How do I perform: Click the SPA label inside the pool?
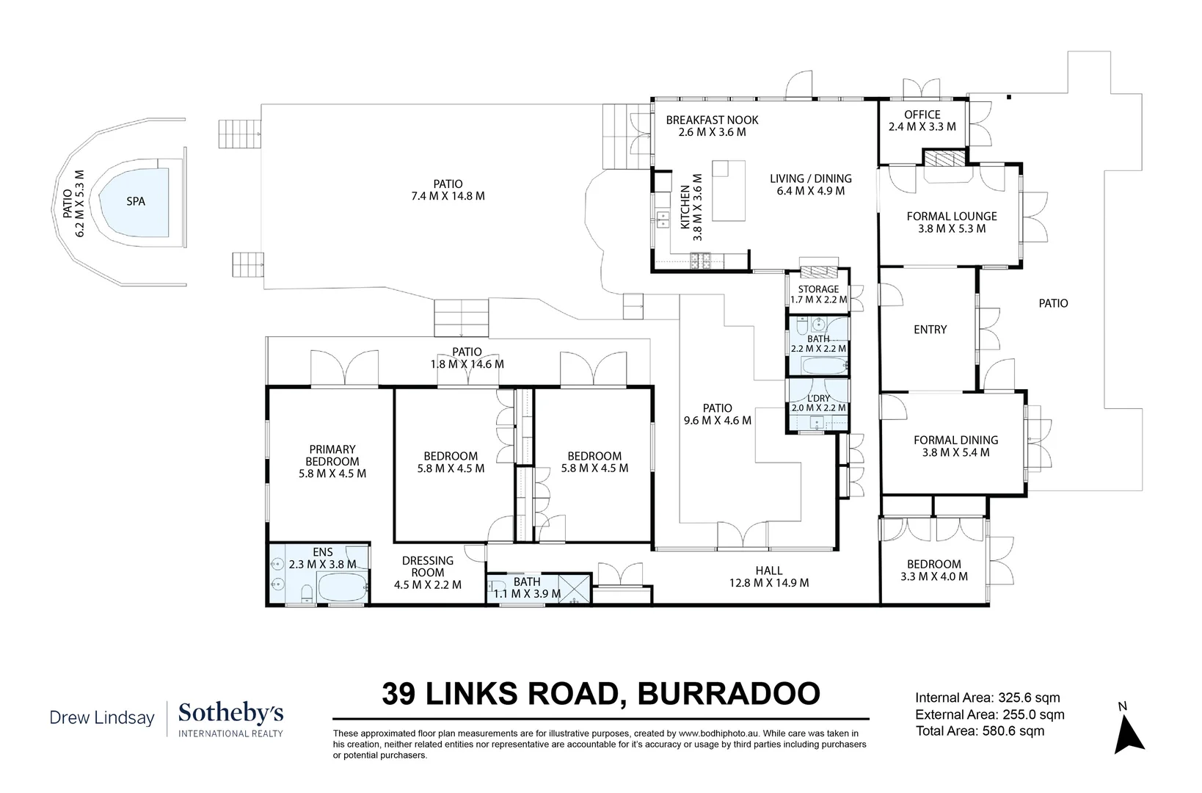(136, 200)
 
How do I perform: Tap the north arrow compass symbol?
(1128, 734)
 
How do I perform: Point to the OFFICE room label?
(922, 115)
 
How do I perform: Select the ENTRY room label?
(930, 330)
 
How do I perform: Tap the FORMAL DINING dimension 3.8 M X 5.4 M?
(955, 452)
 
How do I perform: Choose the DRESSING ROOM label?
(428, 566)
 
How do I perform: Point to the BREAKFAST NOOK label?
(712, 120)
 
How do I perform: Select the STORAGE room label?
(818, 289)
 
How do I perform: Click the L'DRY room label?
(818, 398)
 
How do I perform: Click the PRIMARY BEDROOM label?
(332, 455)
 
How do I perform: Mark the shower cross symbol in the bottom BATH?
(575, 589)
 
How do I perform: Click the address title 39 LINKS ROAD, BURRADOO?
(601, 694)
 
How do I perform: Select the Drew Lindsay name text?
(102, 717)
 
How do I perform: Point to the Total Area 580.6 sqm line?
(980, 731)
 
